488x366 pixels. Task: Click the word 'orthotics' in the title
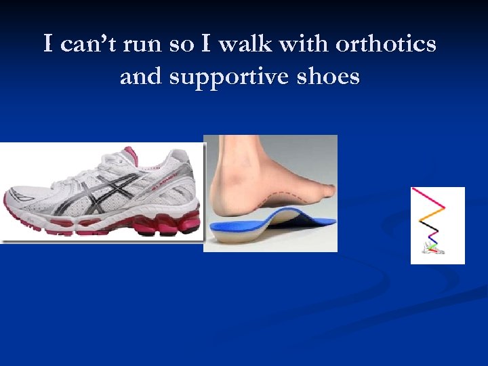(x=387, y=45)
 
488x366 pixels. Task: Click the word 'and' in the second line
(x=141, y=77)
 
